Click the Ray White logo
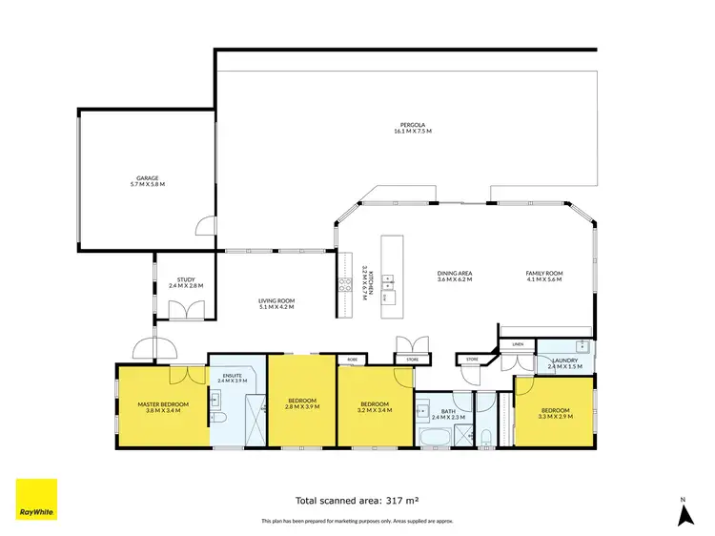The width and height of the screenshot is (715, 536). (x=36, y=500)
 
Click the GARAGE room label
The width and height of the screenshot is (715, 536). (x=148, y=178)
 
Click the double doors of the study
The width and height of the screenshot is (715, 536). (x=177, y=310)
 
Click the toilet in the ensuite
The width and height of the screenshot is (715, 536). (x=216, y=419)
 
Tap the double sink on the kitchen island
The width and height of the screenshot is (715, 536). (x=388, y=280)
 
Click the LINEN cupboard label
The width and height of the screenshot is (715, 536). (x=518, y=343)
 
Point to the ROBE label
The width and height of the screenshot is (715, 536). (x=352, y=360)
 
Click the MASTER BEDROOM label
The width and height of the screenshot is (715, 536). (x=163, y=403)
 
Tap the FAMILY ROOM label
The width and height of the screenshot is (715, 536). (x=544, y=274)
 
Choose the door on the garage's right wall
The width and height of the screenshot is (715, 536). (x=202, y=226)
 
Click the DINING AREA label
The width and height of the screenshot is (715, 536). (x=455, y=274)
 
